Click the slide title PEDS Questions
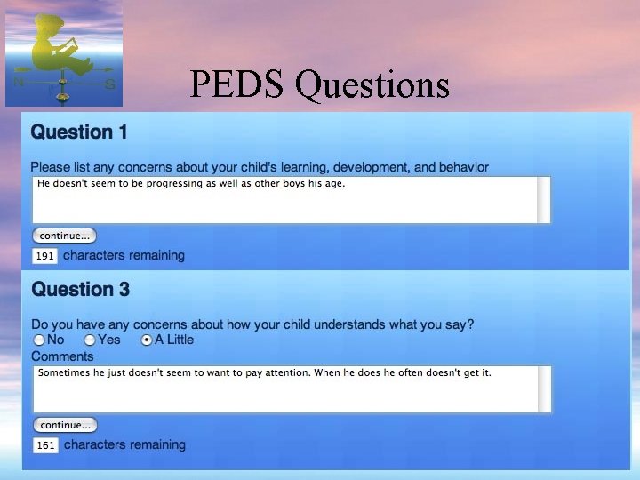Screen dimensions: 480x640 319,84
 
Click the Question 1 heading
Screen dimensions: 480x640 79,132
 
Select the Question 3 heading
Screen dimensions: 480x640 80,289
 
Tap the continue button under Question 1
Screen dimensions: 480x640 64,236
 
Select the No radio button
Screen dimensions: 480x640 39,340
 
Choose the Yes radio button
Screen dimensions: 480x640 90,340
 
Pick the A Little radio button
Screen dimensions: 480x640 147,340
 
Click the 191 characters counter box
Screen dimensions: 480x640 45,256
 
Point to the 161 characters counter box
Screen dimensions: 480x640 45,445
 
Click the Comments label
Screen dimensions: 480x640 62,356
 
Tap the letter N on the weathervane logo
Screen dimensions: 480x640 20,83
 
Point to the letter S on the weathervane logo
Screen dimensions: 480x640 110,84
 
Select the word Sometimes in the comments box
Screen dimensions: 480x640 65,372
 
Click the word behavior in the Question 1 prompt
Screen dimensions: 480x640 464,167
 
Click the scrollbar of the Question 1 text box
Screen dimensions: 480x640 544,199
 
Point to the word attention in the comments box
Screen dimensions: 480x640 291,372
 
